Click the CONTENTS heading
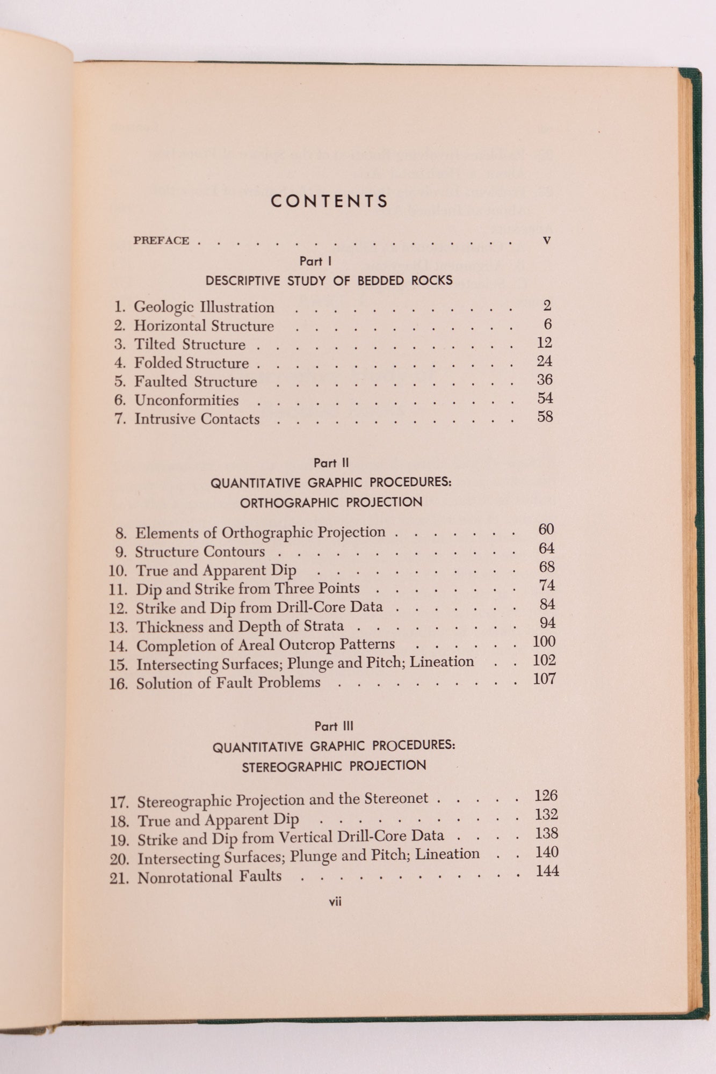pyautogui.click(x=329, y=201)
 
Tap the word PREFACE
pyautogui.click(x=161, y=241)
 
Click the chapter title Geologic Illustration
pyautogui.click(x=204, y=307)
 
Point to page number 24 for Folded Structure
pyautogui.click(x=544, y=361)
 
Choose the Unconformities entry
pyautogui.click(x=186, y=401)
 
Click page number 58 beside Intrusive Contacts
pyautogui.click(x=545, y=417)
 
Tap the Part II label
pyautogui.click(x=331, y=463)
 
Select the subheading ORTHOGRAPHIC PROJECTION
pyautogui.click(x=331, y=503)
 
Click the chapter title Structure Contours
pyautogui.click(x=200, y=552)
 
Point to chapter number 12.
pyautogui.click(x=118, y=608)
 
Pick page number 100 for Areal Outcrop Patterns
pyautogui.click(x=544, y=642)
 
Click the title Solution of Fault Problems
pyautogui.click(x=228, y=683)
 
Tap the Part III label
pyautogui.click(x=334, y=726)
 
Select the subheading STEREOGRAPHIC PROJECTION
pyautogui.click(x=334, y=766)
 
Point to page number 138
pyautogui.click(x=546, y=833)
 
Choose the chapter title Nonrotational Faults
pyautogui.click(x=209, y=877)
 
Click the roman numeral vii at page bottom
pyautogui.click(x=335, y=902)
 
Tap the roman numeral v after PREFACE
pyautogui.click(x=547, y=241)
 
